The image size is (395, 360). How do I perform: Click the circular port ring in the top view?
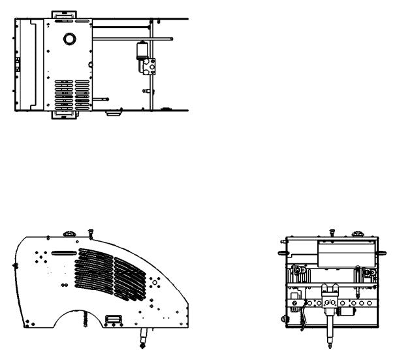pyautogui.click(x=69, y=39)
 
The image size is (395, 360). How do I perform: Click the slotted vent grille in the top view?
pyautogui.click(x=71, y=93)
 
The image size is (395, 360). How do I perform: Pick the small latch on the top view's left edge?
pyautogui.click(x=18, y=63)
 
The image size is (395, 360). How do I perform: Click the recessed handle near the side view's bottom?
pyautogui.click(x=113, y=319)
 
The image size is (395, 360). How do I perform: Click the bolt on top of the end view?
pyautogui.click(x=332, y=231)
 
